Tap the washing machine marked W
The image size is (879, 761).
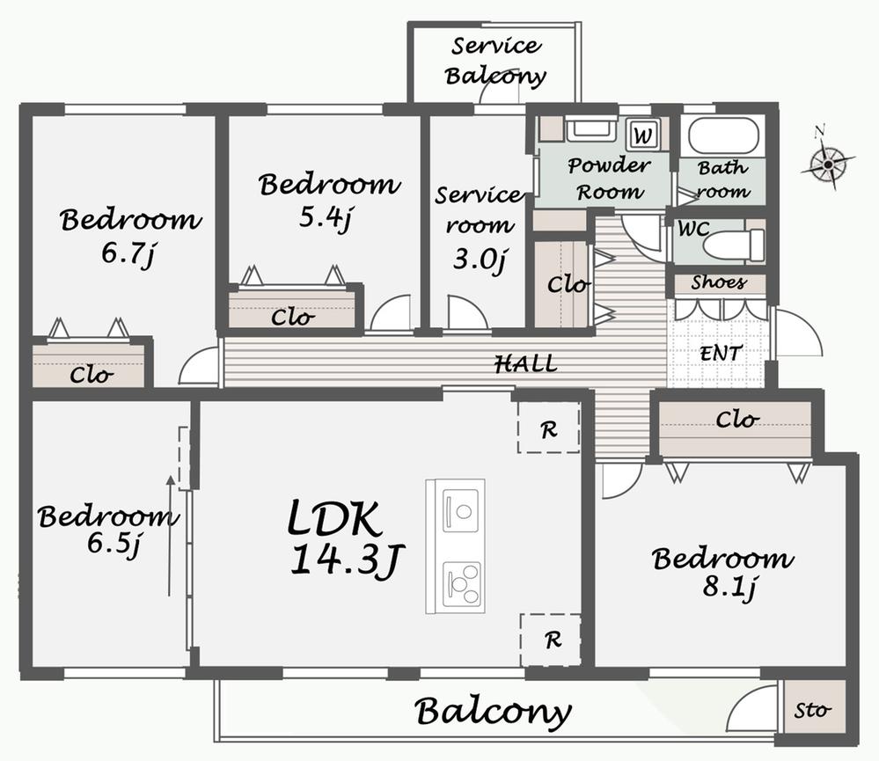(643, 135)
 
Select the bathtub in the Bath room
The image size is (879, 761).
(723, 136)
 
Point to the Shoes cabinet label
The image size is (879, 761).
(719, 282)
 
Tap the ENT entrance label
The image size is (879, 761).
(721, 354)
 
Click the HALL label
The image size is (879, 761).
(526, 364)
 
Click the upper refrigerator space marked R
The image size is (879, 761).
(548, 427)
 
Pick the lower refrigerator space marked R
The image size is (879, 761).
(551, 640)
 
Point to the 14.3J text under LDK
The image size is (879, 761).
(347, 560)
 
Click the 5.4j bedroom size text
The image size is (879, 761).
(326, 217)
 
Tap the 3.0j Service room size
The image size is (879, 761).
(480, 260)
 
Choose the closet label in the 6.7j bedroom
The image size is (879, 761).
(92, 375)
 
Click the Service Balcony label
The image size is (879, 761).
(495, 61)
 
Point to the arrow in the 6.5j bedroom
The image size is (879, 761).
(170, 536)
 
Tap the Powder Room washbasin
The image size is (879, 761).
(591, 129)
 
